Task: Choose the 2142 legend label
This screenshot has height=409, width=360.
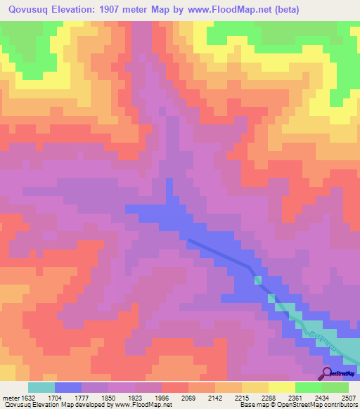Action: [215, 397]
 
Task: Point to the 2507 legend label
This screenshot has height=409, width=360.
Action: [349, 397]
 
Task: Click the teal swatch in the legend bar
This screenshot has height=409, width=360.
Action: [41, 387]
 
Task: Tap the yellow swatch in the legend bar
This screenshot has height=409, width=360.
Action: [281, 387]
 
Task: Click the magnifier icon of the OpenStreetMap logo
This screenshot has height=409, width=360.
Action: [326, 372]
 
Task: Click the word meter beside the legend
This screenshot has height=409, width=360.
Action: [10, 397]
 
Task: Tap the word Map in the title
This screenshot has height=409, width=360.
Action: [169, 9]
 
